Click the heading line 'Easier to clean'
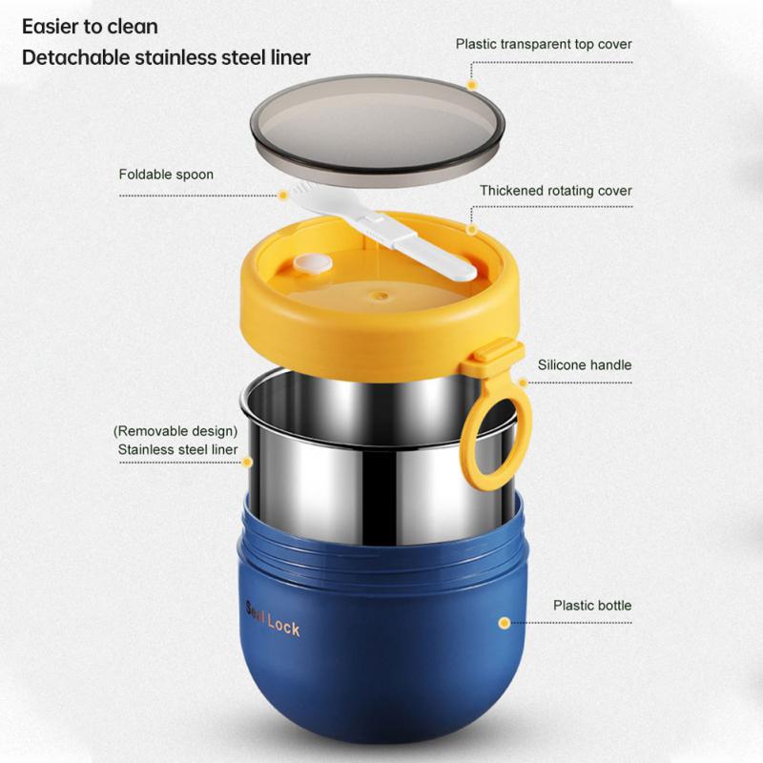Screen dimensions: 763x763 click(91, 26)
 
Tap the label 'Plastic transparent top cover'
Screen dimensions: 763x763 click(544, 44)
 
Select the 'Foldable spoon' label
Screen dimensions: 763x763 click(166, 175)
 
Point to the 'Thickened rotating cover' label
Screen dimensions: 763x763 click(556, 191)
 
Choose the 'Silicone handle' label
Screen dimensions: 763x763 click(585, 364)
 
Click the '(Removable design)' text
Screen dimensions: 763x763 click(175, 431)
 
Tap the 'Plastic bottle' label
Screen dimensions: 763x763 click(592, 605)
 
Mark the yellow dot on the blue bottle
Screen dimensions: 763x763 click(503, 623)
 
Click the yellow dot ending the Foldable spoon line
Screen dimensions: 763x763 click(282, 195)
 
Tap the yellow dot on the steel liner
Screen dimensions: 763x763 click(247, 462)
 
